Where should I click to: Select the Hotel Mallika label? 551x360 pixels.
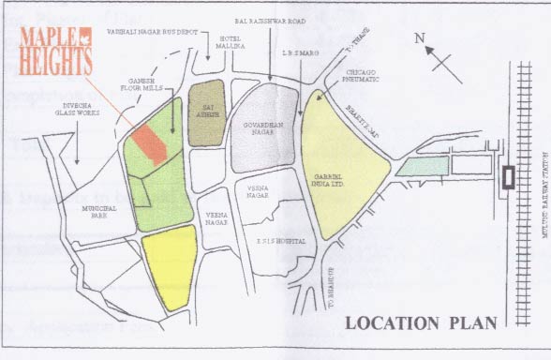[x=229, y=40]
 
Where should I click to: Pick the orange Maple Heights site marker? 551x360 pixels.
[x=150, y=143]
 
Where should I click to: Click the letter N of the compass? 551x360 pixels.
[x=421, y=38]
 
